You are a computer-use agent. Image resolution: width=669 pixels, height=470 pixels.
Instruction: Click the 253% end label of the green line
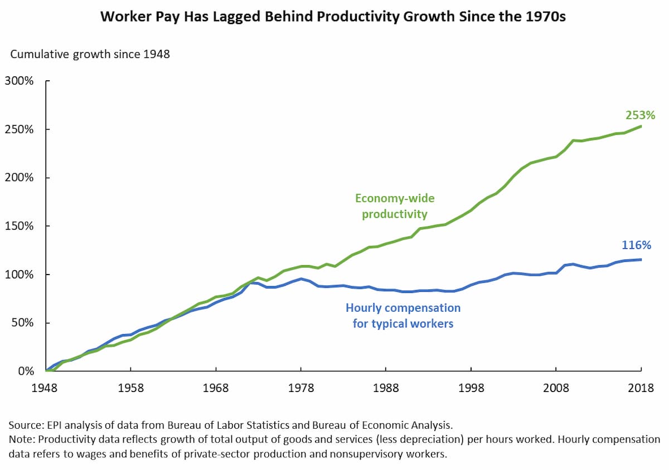(x=640, y=116)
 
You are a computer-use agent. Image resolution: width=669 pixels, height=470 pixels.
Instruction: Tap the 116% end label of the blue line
(x=636, y=245)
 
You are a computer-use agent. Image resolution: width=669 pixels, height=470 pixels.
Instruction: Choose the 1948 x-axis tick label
(x=46, y=389)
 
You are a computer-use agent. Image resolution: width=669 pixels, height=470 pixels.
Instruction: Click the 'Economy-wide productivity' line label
(x=394, y=206)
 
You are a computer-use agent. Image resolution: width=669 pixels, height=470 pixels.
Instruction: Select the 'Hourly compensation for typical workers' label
(x=403, y=315)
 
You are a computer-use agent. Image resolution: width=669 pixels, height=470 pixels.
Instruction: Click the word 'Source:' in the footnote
(x=25, y=425)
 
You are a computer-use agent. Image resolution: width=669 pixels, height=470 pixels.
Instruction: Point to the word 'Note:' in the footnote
(x=21, y=439)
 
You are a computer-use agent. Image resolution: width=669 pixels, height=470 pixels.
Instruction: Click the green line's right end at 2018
(x=641, y=126)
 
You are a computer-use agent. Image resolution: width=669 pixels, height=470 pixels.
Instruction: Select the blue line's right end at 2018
(x=641, y=260)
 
